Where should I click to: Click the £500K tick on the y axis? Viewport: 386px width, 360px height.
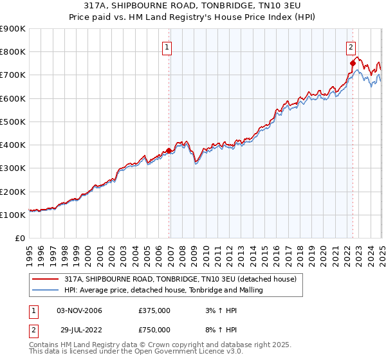[x=13, y=122]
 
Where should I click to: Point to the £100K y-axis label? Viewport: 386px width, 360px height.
[x=13, y=215]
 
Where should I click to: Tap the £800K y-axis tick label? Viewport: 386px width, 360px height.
[x=13, y=52]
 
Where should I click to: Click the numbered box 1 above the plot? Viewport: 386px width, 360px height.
[x=167, y=47]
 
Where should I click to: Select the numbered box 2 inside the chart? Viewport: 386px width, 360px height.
[x=351, y=47]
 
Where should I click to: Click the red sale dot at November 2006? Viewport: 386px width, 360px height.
[x=169, y=151]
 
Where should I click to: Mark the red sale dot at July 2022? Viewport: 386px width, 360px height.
[x=353, y=63]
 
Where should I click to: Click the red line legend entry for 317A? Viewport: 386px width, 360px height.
[x=180, y=279]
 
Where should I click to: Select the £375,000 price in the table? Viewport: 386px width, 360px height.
[x=154, y=310]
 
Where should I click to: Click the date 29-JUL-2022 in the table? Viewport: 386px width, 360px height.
[x=79, y=330]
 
